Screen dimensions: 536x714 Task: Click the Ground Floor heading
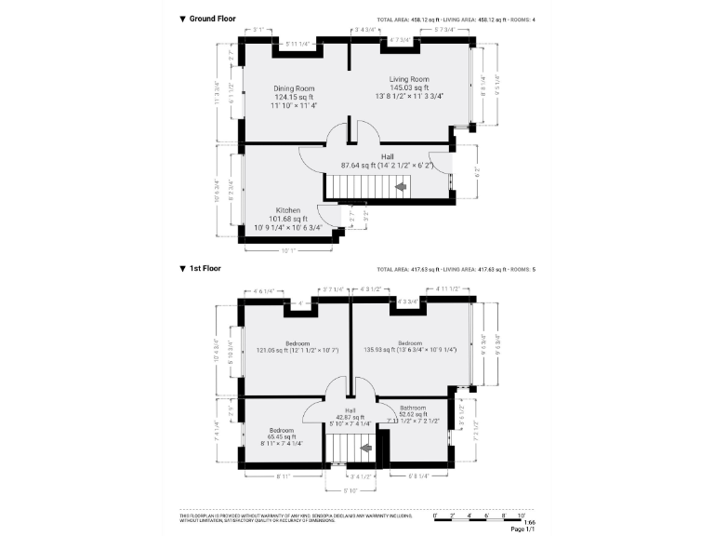(x=212, y=19)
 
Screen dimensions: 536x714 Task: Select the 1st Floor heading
(x=205, y=269)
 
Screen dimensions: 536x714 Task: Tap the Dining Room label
(x=294, y=88)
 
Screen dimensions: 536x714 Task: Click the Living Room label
(x=409, y=79)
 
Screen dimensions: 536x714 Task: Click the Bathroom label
(x=413, y=408)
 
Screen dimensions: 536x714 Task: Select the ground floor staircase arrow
(x=401, y=188)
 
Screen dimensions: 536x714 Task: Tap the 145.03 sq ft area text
(x=409, y=87)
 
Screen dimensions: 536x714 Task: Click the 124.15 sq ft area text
(x=294, y=97)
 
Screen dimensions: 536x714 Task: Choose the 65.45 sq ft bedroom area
(x=281, y=436)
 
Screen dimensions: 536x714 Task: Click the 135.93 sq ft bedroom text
(x=409, y=350)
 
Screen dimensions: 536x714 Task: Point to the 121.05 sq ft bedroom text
(x=297, y=350)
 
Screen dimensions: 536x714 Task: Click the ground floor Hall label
(x=388, y=157)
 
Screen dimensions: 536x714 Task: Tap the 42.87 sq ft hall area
(x=350, y=417)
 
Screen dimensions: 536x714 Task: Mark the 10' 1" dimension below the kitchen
(x=288, y=250)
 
